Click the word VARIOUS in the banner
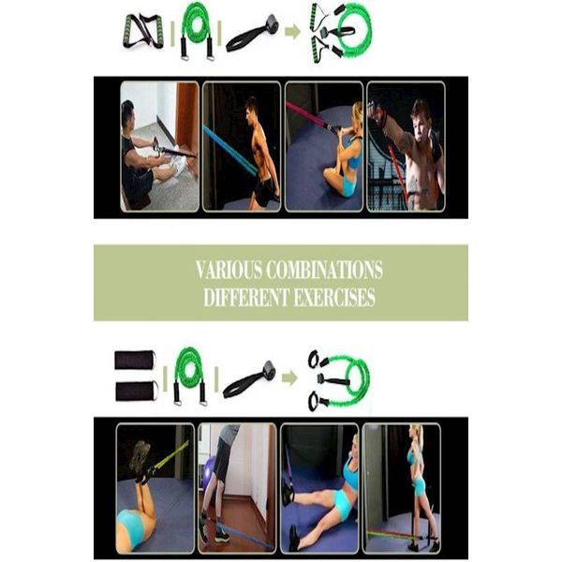[x=229, y=270]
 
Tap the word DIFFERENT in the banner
[x=246, y=297]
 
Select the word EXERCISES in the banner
[x=334, y=297]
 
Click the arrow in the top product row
[x=292, y=32]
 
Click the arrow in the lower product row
[x=289, y=378]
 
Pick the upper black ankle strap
[x=135, y=360]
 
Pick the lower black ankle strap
[x=137, y=391]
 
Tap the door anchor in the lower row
[x=249, y=380]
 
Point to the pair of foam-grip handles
[x=143, y=31]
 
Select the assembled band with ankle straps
[x=339, y=380]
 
